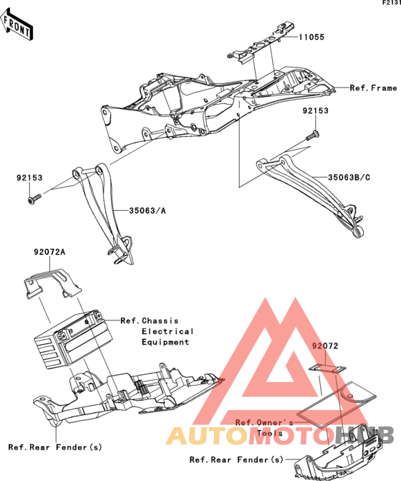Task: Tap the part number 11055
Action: (x=311, y=37)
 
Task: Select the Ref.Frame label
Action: (x=373, y=88)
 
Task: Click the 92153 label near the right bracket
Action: (x=315, y=110)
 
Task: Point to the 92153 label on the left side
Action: (x=29, y=178)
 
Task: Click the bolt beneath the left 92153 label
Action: (x=34, y=199)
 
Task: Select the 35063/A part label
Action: (x=148, y=211)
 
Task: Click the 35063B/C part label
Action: (x=349, y=177)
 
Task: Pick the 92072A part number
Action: (x=49, y=252)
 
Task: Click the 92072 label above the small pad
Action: (x=325, y=346)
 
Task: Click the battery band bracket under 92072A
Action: (x=53, y=283)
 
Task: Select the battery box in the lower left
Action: (x=73, y=340)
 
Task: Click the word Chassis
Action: (x=160, y=321)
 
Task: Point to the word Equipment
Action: (x=165, y=342)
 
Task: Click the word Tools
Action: (x=270, y=433)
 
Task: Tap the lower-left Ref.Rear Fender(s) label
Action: (x=55, y=447)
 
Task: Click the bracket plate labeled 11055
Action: (x=261, y=42)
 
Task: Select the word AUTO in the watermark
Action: (x=207, y=435)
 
